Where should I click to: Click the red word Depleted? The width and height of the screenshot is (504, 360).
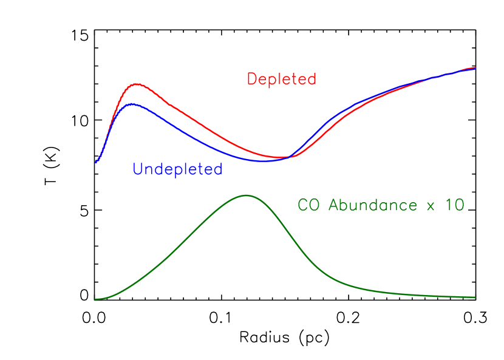[x=281, y=79]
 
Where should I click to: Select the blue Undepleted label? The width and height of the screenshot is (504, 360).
[x=177, y=169]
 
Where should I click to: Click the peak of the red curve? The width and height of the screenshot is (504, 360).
[x=138, y=84]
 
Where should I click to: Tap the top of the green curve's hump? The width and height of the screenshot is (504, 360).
[x=245, y=195]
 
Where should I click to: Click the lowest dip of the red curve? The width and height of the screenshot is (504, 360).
[x=281, y=158]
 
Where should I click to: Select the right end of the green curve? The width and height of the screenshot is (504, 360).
[x=475, y=297]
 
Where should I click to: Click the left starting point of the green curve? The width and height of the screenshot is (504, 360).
[x=95, y=299]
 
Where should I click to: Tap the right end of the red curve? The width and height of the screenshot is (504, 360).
[x=475, y=67]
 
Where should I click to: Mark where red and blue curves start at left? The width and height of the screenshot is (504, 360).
[x=95, y=162]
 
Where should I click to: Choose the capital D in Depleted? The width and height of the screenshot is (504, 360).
[x=252, y=79]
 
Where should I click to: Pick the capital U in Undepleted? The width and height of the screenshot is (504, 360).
[x=138, y=169]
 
